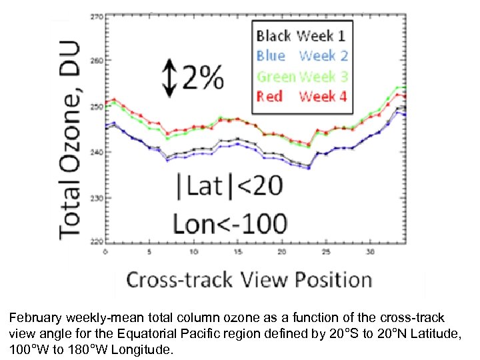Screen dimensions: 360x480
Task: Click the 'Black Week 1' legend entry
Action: point(301,35)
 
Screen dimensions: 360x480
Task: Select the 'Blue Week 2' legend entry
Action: point(301,55)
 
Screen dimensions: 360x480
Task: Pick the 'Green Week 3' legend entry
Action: point(301,76)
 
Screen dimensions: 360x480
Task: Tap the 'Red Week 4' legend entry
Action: point(301,97)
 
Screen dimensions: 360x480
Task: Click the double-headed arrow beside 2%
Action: point(169,78)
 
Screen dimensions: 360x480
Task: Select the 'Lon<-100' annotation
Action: point(230,223)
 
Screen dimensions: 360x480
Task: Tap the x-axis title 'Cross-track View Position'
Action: point(249,279)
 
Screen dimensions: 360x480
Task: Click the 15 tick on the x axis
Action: point(237,252)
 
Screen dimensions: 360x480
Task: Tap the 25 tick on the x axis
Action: point(325,252)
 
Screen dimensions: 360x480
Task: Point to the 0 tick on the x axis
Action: point(105,252)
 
